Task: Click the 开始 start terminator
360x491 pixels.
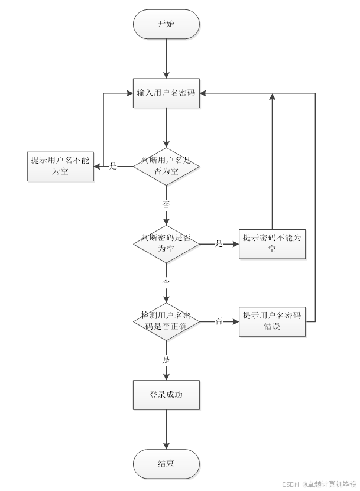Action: [166, 24]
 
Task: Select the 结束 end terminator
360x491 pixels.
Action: [166, 464]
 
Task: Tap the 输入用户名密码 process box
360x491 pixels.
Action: [166, 93]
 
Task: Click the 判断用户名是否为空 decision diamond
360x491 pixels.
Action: [166, 166]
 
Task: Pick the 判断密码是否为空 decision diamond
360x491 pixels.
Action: [166, 243]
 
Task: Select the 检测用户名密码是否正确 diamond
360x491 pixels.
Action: [166, 321]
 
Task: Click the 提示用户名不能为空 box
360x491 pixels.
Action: [60, 166]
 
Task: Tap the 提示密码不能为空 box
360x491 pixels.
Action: [272, 243]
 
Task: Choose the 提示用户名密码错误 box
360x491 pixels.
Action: [272, 321]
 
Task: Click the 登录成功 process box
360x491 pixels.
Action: [166, 395]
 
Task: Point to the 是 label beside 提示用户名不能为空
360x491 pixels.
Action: [113, 167]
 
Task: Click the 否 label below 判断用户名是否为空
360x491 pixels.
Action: [166, 204]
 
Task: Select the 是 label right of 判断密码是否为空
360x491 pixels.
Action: [219, 243]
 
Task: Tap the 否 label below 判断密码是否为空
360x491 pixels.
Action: [166, 282]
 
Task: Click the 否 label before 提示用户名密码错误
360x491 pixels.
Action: [219, 321]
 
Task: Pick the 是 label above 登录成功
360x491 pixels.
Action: [166, 360]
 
